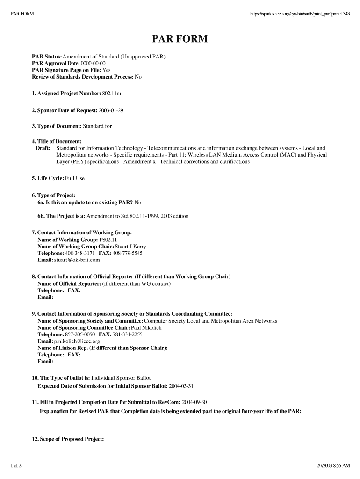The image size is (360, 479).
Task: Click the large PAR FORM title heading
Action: coord(180,39)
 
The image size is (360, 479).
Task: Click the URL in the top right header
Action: coord(300,13)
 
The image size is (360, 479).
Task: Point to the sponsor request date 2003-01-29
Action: coord(111,110)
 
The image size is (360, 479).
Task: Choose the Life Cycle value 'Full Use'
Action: coord(75,179)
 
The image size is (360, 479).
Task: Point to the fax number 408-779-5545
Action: coord(128,253)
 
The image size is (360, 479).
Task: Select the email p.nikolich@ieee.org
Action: coord(77,341)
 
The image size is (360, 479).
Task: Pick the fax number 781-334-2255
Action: coord(128,335)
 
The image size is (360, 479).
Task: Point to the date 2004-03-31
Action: coord(181,386)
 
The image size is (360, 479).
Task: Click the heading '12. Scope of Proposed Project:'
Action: coord(68,439)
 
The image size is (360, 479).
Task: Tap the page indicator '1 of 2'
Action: coord(19,466)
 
